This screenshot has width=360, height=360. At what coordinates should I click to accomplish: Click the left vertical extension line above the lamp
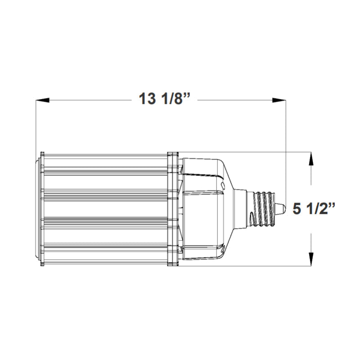click(x=36, y=126)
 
